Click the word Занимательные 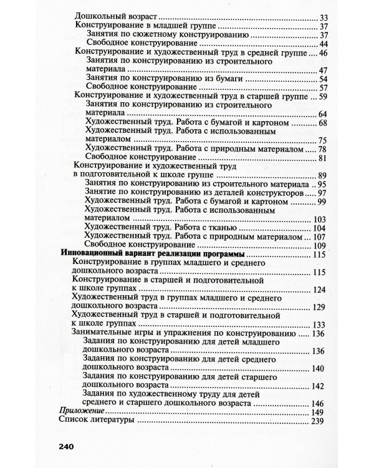tap(102, 334)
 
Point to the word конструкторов tap(271, 194)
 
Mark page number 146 tap(319, 404)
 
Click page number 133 tap(319, 325)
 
